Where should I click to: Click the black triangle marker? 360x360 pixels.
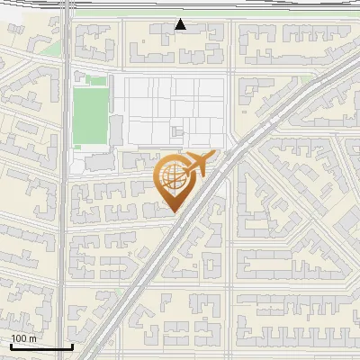point(181,24)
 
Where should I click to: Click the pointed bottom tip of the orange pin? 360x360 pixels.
point(173,211)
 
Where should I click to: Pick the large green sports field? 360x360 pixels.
point(90,116)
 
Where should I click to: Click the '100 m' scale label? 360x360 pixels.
point(23,338)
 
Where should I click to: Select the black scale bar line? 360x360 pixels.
point(40,346)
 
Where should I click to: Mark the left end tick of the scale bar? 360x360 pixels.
point(10,346)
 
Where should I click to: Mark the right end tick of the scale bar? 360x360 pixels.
point(72,346)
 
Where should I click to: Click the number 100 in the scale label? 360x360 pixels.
point(19,338)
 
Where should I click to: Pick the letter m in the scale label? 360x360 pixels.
point(31,338)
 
